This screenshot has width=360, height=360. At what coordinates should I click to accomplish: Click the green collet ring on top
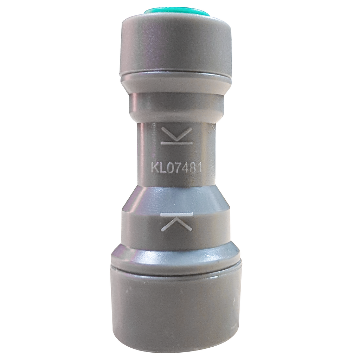pyautogui.click(x=177, y=12)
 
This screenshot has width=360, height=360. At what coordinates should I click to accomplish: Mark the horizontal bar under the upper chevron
pyautogui.click(x=176, y=143)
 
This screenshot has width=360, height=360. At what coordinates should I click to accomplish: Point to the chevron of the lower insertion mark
pyautogui.click(x=176, y=224)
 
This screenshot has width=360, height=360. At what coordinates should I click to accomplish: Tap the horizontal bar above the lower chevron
pyautogui.click(x=176, y=214)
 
